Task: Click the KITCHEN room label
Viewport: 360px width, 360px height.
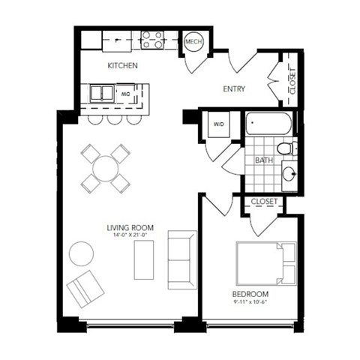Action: (122, 66)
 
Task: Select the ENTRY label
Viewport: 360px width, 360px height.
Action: (235, 89)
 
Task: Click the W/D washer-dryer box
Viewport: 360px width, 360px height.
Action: (220, 124)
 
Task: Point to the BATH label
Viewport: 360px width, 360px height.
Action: (263, 160)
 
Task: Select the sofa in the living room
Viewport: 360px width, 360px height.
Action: (181, 259)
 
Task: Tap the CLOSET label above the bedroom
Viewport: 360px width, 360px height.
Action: (264, 202)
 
